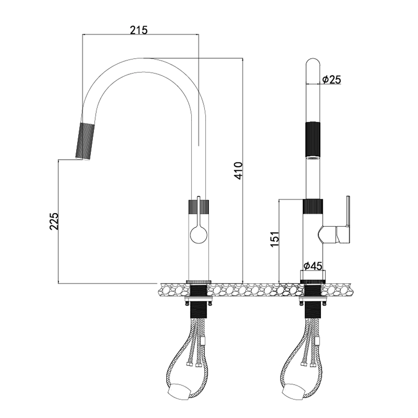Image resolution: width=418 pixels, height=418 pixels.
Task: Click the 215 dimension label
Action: click(x=138, y=30)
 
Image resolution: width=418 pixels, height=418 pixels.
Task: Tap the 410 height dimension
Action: click(x=239, y=170)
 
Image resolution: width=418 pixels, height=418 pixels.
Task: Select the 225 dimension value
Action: click(x=54, y=221)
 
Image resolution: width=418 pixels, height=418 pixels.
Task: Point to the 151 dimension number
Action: click(x=274, y=239)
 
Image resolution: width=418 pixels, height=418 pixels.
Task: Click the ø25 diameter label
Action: click(x=331, y=79)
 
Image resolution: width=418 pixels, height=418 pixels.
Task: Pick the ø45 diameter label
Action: click(x=313, y=266)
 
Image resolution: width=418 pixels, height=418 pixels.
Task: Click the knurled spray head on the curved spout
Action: click(x=85, y=141)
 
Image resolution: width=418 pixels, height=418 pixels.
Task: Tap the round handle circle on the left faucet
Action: click(x=199, y=235)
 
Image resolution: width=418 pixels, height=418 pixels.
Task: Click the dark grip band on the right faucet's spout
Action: click(x=313, y=140)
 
